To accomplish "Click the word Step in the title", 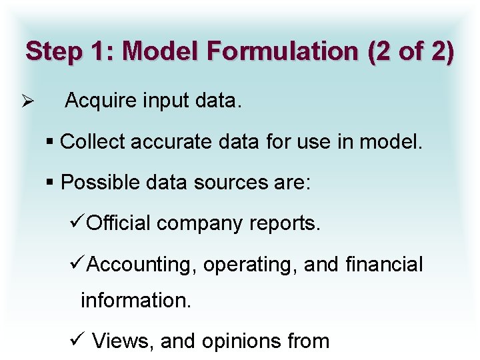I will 54,51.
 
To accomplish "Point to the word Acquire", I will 99,103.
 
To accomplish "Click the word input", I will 165,103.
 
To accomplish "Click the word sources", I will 219,182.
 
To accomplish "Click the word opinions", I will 242,341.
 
